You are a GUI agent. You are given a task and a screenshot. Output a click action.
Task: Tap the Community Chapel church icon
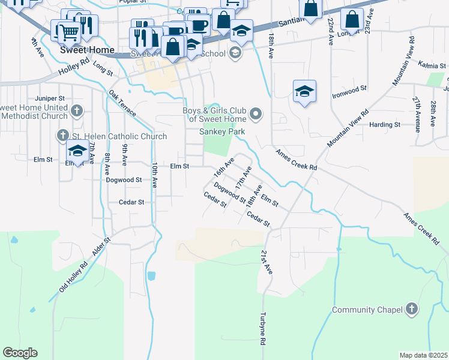coord(411,310)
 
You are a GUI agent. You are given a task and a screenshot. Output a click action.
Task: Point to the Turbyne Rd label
coord(263,329)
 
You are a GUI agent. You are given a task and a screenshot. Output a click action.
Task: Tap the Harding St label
coord(385,125)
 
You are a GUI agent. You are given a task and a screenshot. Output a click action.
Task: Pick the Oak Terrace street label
coord(122,103)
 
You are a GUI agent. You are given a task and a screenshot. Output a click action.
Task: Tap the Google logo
coord(20,353)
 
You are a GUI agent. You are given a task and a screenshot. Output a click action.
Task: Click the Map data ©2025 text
coord(423,355)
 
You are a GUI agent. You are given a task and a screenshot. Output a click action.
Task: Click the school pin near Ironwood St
coord(305,91)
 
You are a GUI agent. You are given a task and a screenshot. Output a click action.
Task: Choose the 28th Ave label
coord(433,114)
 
